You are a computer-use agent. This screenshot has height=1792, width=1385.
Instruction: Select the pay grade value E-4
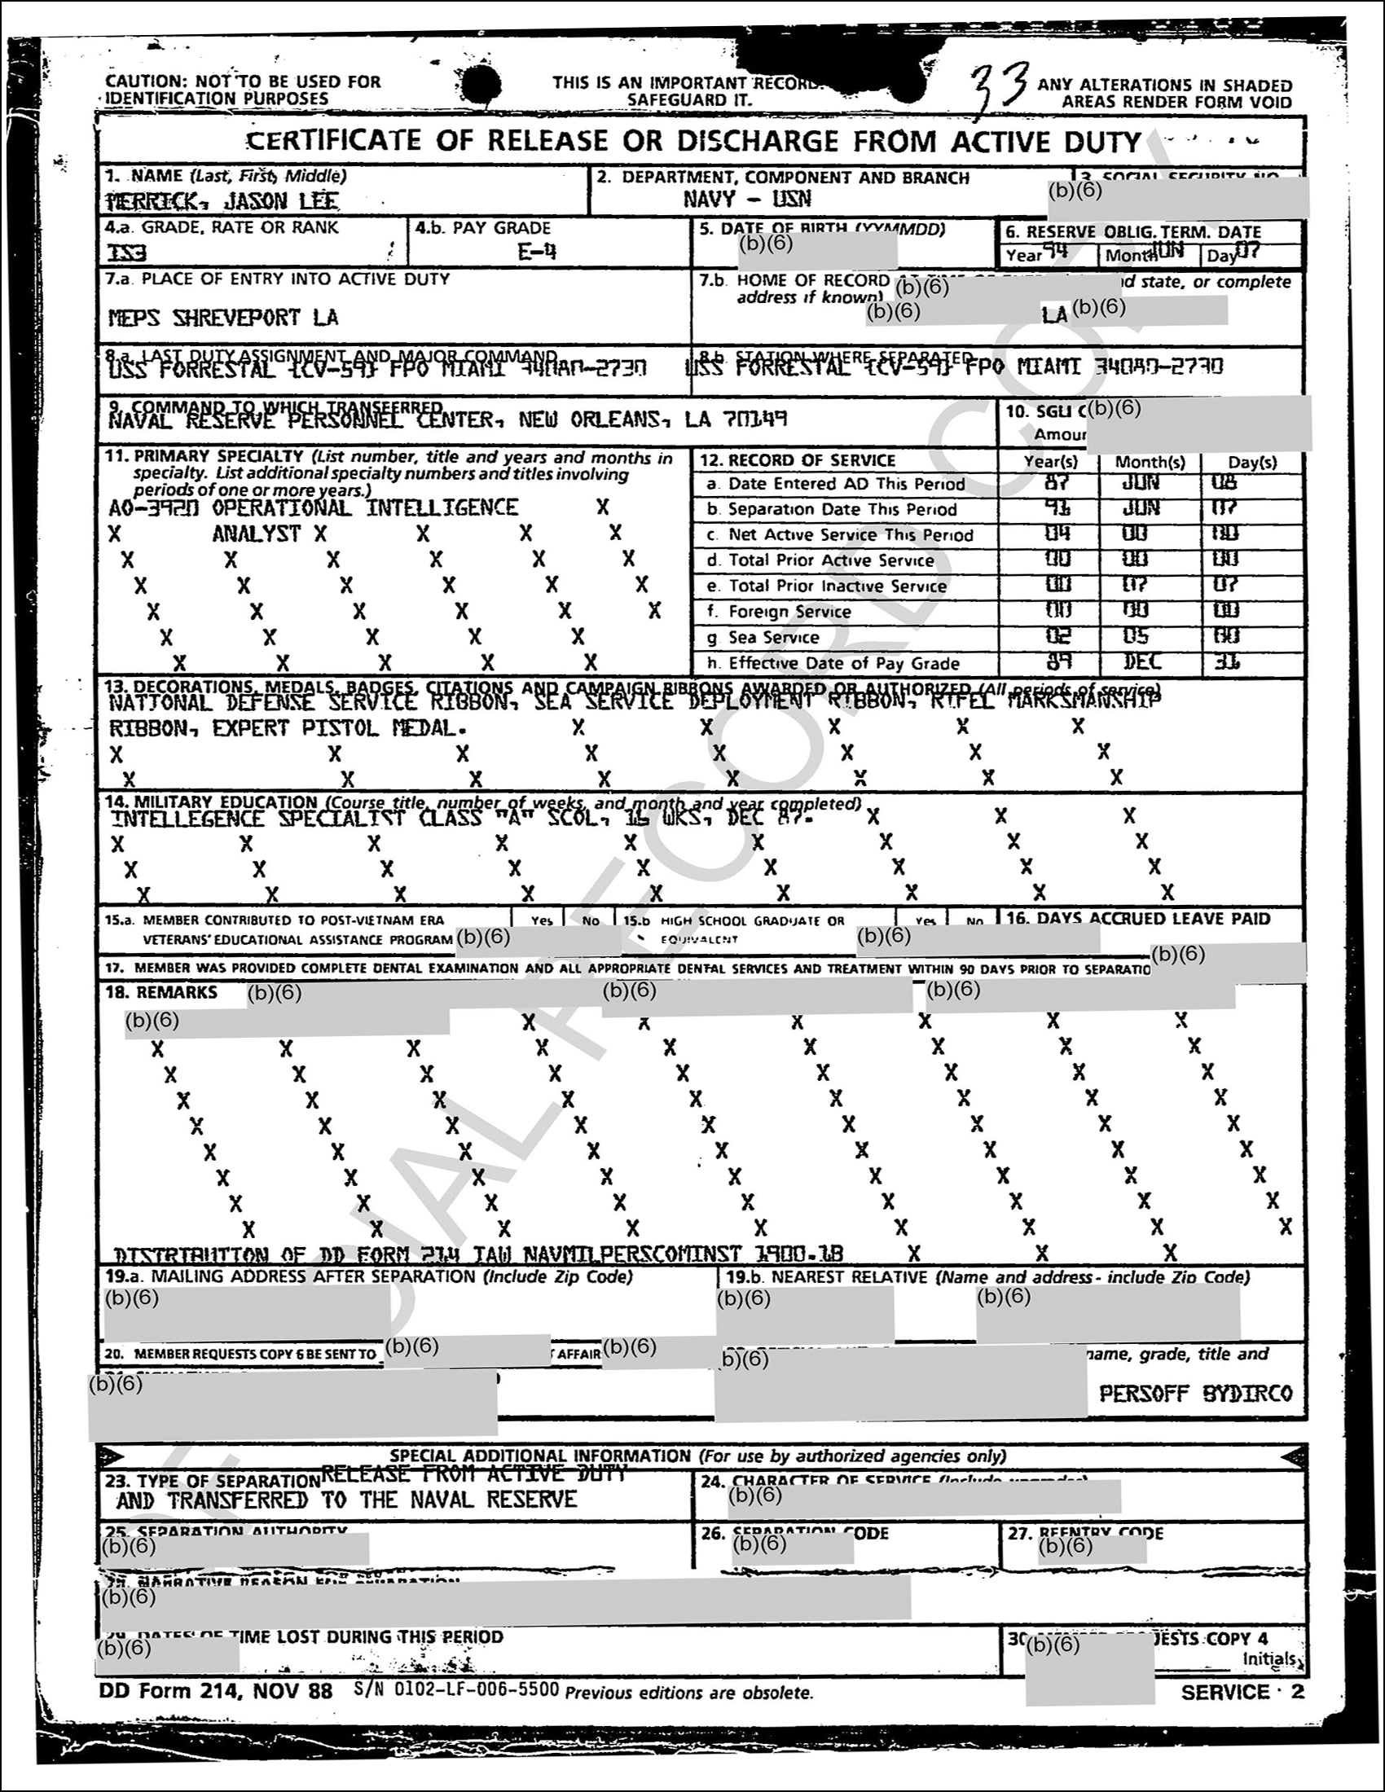pyautogui.click(x=537, y=251)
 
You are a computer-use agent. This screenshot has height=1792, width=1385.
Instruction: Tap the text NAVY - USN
pyautogui.click(x=746, y=199)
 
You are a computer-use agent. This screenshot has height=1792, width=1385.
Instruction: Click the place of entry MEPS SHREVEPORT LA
pyautogui.click(x=223, y=318)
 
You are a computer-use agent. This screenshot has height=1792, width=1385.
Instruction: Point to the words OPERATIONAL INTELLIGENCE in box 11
pyautogui.click(x=364, y=508)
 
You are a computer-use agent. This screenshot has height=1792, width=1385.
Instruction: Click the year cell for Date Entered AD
pyautogui.click(x=1057, y=482)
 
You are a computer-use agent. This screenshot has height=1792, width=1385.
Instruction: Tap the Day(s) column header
pyautogui.click(x=1252, y=462)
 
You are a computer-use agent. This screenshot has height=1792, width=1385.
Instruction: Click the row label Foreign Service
pyautogui.click(x=789, y=611)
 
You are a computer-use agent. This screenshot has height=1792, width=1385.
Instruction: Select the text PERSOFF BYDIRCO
pyautogui.click(x=1195, y=1393)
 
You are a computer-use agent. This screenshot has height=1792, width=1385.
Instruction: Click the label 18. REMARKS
pyautogui.click(x=160, y=992)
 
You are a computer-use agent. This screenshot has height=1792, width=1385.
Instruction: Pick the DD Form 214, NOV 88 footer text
pyautogui.click(x=216, y=1691)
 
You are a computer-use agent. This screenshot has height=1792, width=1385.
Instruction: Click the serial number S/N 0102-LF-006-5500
pyautogui.click(x=457, y=1689)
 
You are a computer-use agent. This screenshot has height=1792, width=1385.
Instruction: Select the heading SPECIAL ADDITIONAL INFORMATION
pyautogui.click(x=540, y=1456)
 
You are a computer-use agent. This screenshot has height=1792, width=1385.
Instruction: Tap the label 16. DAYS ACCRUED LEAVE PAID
pyautogui.click(x=1138, y=919)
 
